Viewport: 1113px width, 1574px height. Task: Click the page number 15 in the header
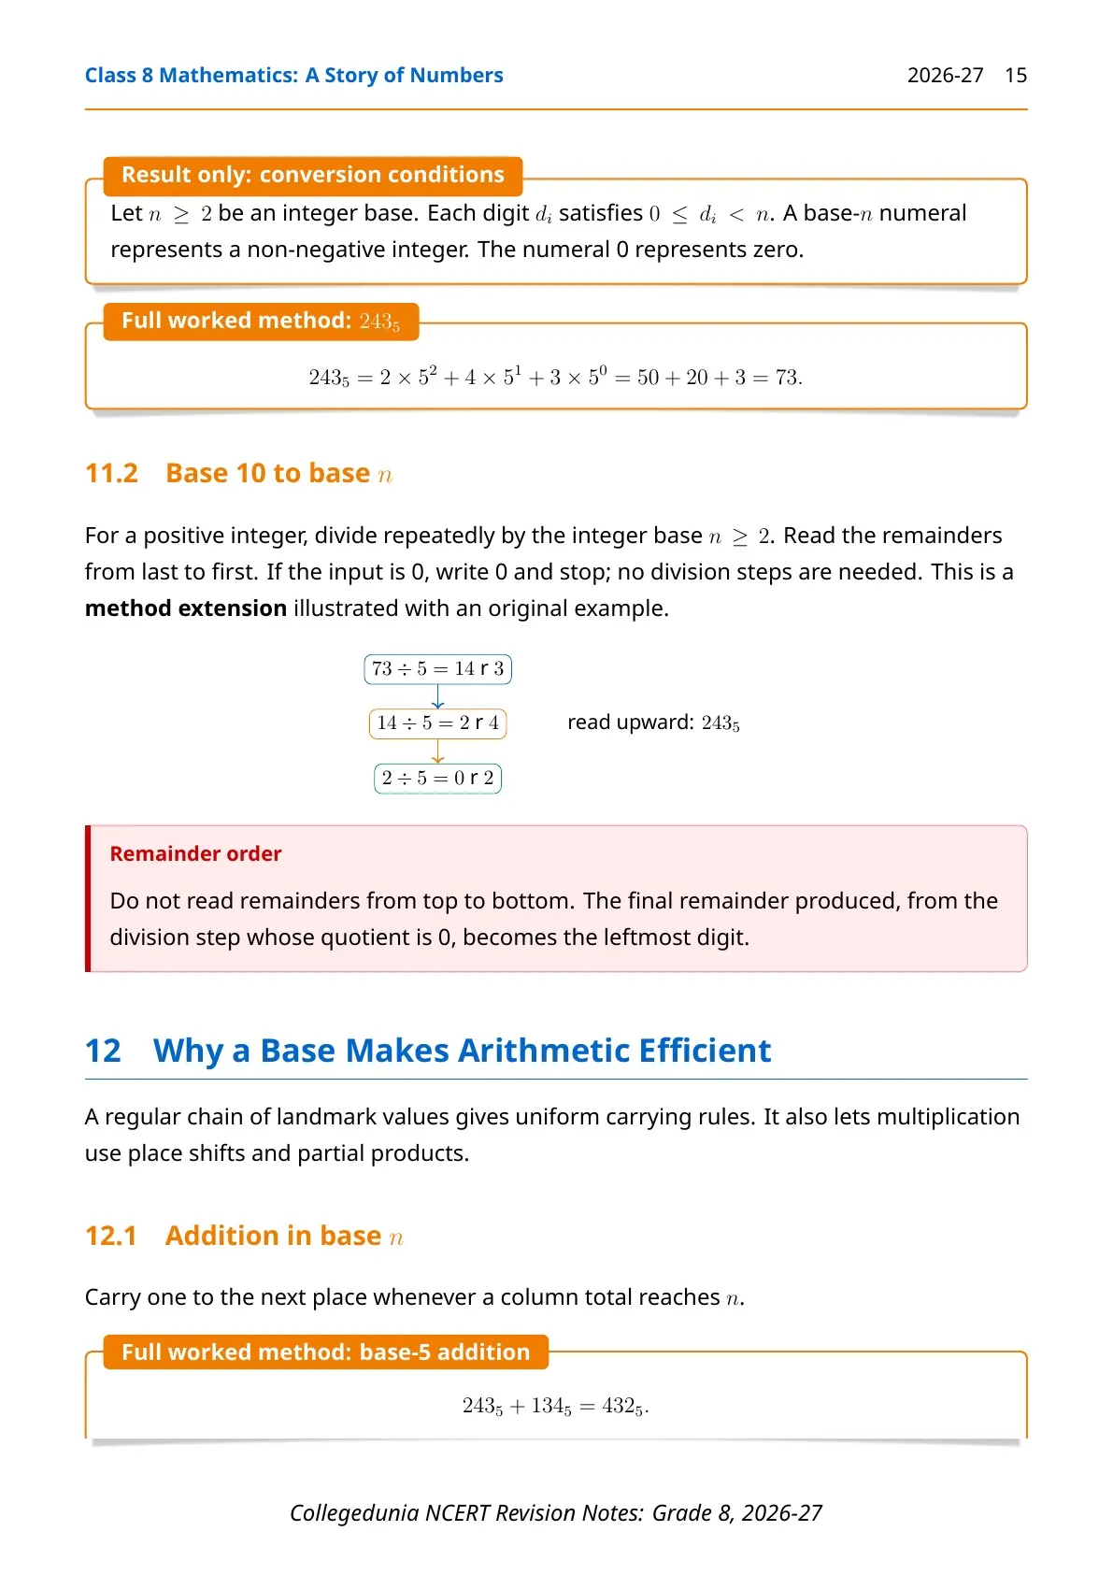[x=1015, y=75]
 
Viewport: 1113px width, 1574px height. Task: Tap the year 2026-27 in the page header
[x=945, y=75]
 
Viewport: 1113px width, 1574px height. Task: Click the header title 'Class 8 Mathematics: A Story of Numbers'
[x=293, y=75]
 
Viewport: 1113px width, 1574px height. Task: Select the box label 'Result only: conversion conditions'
[x=313, y=175]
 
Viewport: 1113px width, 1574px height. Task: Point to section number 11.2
[x=112, y=474]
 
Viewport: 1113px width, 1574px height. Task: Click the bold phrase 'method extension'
[x=186, y=608]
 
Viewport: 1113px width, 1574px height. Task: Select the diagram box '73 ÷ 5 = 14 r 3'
[x=437, y=669]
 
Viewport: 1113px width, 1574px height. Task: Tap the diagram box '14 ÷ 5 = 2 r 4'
[x=437, y=723]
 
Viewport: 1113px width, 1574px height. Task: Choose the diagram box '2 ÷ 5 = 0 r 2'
[x=437, y=779]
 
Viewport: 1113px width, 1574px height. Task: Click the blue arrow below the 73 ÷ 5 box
[x=437, y=696]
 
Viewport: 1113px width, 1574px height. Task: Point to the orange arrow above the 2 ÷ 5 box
[x=437, y=751]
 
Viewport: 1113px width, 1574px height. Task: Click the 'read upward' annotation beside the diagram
[x=653, y=723]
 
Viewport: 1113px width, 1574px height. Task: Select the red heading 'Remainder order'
[x=195, y=853]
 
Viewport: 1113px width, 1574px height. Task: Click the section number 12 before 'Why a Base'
[x=104, y=1052]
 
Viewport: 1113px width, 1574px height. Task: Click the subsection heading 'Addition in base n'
[x=284, y=1236]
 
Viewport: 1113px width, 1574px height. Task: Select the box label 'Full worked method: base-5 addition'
[x=325, y=1352]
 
